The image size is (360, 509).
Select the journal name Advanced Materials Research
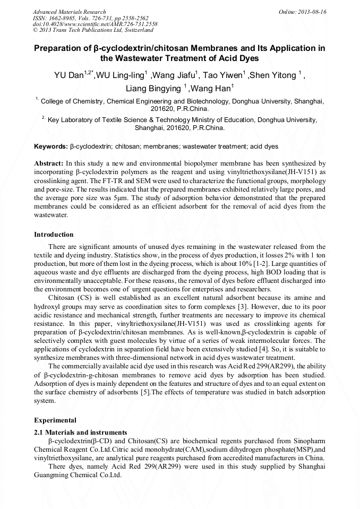[x=69, y=12]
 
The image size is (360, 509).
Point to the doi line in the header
[x=95, y=24]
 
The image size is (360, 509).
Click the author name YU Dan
[x=68, y=75]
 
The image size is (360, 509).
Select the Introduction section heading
[x=54, y=234]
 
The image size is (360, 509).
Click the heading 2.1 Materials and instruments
[x=80, y=433]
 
